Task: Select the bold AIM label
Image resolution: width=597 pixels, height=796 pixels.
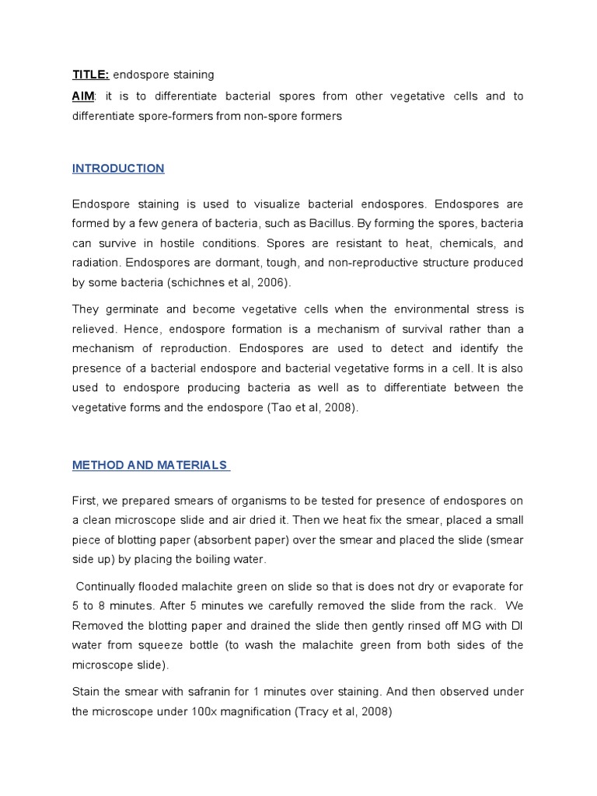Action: [x=83, y=96]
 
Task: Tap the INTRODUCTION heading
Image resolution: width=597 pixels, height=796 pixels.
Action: [x=118, y=169]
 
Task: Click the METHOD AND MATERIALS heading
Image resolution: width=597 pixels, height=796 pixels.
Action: [x=151, y=466]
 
